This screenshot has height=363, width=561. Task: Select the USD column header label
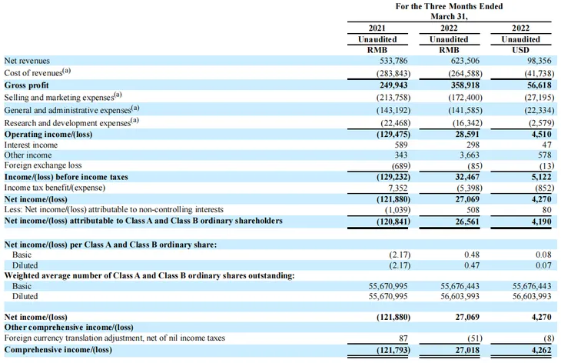520,49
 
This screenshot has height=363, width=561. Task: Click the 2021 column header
377,28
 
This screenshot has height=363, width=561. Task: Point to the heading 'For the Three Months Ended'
449,5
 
